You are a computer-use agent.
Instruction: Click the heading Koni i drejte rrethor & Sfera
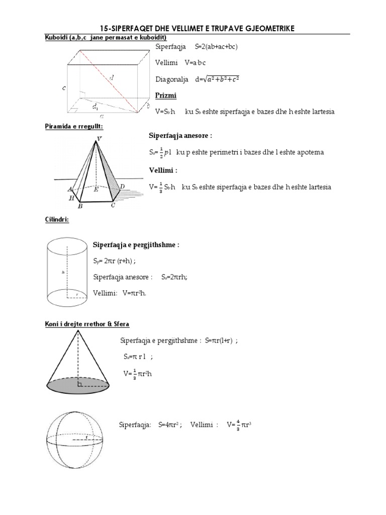tap(86, 323)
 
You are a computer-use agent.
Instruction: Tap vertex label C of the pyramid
tap(113, 205)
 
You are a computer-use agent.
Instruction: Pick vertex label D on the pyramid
tap(123, 187)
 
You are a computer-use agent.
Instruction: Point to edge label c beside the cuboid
tap(64, 88)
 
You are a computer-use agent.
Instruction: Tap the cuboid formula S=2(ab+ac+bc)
tap(216, 47)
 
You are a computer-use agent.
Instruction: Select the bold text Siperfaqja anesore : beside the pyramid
tap(180, 136)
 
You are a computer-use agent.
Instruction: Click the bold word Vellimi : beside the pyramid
tap(163, 169)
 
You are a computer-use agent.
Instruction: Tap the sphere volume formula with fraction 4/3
tap(238, 424)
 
